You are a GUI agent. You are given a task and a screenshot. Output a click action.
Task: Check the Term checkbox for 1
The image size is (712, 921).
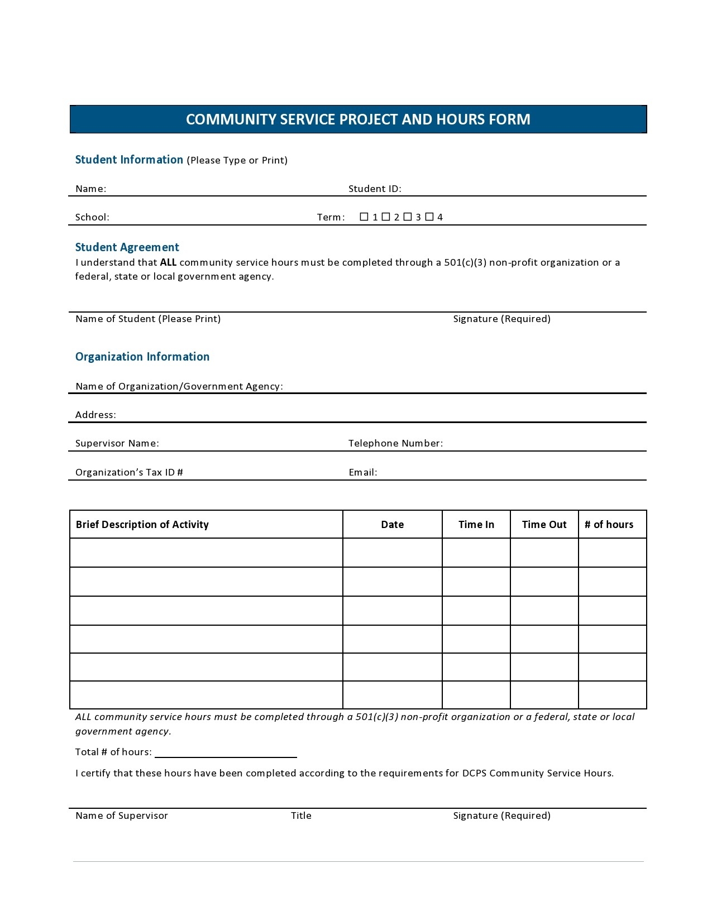point(364,217)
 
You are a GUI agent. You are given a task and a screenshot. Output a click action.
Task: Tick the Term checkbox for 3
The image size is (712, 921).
point(408,217)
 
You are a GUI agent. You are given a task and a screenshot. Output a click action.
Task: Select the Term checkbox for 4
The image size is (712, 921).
point(429,217)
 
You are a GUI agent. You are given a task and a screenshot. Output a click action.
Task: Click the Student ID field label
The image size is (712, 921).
point(375,189)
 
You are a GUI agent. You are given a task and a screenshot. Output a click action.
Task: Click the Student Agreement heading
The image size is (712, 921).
point(127,247)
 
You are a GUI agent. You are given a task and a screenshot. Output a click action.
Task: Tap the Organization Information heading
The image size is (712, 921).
point(142,357)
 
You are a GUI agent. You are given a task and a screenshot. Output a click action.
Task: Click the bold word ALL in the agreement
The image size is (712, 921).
point(168,262)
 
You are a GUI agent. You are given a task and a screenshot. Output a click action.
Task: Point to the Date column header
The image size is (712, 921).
point(392,525)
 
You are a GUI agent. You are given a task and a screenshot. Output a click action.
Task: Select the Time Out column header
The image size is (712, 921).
point(544,525)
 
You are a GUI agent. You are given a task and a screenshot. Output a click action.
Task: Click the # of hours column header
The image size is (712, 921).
point(609,525)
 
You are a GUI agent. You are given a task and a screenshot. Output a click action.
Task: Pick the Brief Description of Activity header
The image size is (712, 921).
point(142,525)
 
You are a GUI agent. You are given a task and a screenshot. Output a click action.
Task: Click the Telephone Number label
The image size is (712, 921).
point(395,443)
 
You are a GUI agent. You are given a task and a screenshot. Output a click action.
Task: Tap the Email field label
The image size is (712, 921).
point(363,472)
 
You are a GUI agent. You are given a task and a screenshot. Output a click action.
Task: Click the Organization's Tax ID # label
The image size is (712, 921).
point(129,472)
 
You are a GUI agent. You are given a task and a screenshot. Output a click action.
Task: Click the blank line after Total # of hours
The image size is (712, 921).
point(226,752)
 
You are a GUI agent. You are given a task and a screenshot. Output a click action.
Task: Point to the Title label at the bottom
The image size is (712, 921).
point(301,816)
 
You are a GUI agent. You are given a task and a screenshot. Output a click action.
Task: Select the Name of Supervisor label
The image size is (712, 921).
point(122,816)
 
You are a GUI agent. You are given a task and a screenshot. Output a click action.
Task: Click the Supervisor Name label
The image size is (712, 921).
point(117,443)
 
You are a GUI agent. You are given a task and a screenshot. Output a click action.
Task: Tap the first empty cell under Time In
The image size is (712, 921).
point(476,553)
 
